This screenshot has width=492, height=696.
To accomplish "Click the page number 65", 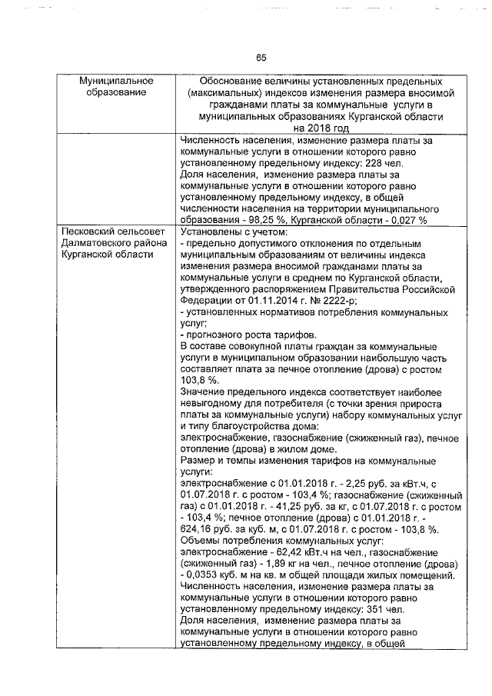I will point(261,58).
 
